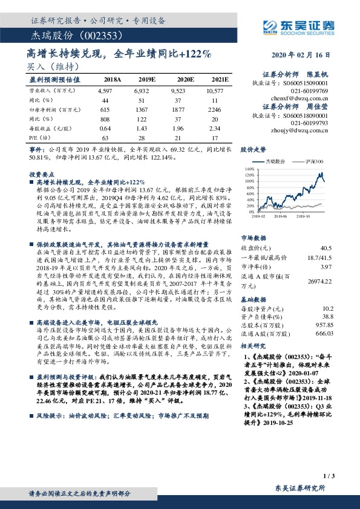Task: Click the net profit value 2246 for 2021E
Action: tap(215, 110)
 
